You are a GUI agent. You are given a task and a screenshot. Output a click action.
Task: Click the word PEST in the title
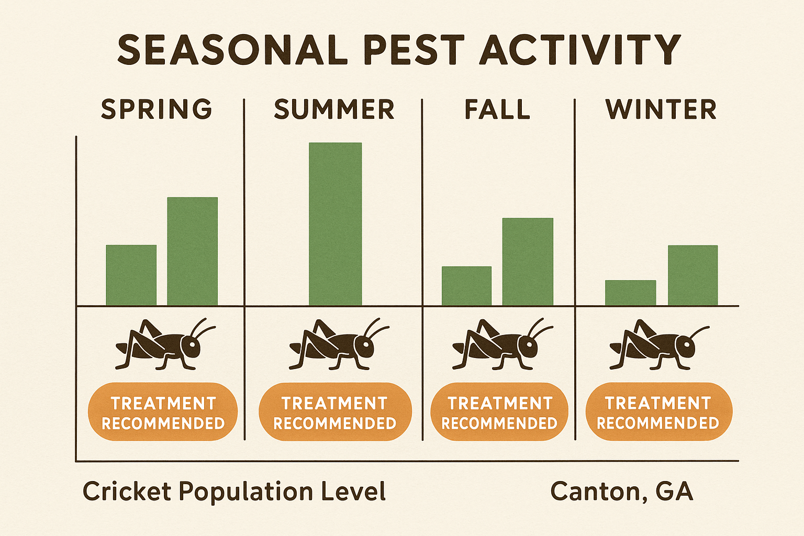pyautogui.click(x=414, y=50)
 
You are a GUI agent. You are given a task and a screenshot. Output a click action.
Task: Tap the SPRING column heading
pyautogui.click(x=157, y=109)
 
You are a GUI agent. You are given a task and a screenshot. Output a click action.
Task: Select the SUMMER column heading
pyautogui.click(x=334, y=109)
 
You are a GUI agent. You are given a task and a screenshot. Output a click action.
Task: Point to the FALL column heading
pyautogui.click(x=497, y=109)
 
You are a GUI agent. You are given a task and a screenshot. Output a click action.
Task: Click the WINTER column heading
pyautogui.click(x=661, y=109)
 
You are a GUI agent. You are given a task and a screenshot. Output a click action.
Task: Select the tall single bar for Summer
pyautogui.click(x=335, y=224)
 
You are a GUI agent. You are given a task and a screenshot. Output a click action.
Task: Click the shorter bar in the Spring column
pyautogui.click(x=131, y=275)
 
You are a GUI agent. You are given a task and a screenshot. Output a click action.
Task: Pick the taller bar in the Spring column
pyautogui.click(x=192, y=251)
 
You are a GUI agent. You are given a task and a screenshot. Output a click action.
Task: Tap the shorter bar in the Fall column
pyautogui.click(x=466, y=286)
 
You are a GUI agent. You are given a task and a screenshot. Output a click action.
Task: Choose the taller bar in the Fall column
pyautogui.click(x=528, y=262)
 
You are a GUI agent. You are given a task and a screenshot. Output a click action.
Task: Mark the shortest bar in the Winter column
pyautogui.click(x=630, y=293)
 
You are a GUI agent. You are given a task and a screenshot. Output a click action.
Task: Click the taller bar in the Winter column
pyautogui.click(x=693, y=275)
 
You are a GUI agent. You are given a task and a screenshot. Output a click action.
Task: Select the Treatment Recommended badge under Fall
pyautogui.click(x=499, y=412)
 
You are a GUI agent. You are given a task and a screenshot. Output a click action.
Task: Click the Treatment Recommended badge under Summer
pyautogui.click(x=335, y=412)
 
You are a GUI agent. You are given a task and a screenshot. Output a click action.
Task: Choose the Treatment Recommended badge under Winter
pyautogui.click(x=658, y=412)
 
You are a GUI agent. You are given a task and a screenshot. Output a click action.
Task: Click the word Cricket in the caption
pyautogui.click(x=127, y=492)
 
